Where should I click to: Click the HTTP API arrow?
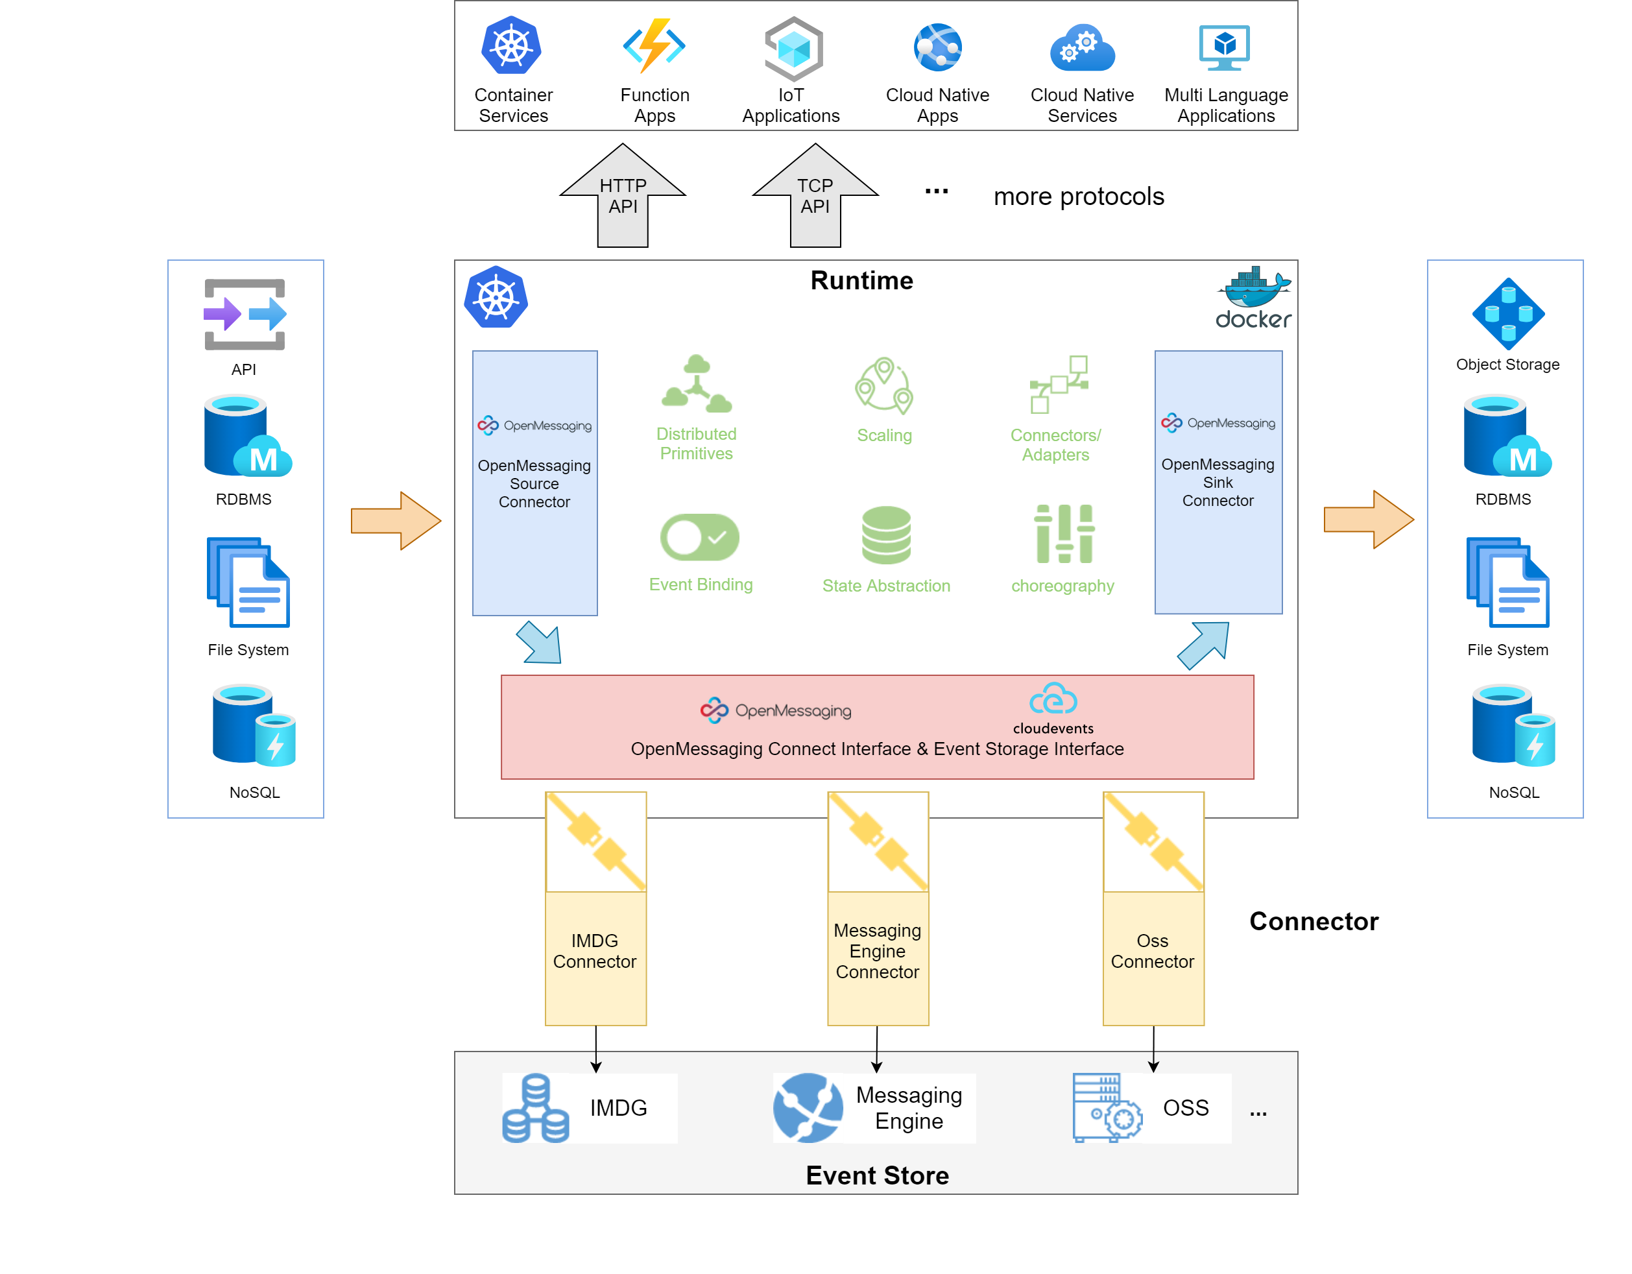(x=623, y=197)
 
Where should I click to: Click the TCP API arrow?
(x=815, y=197)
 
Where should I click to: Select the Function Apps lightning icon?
(x=654, y=45)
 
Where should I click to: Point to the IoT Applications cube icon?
(x=793, y=49)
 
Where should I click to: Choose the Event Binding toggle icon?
(x=699, y=536)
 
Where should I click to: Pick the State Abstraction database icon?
(x=886, y=535)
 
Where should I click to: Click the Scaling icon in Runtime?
(x=884, y=385)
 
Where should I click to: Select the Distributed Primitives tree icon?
(x=697, y=384)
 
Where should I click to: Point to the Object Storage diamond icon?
(x=1508, y=314)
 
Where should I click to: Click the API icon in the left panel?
(x=245, y=315)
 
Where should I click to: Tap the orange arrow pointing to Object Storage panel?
(x=1367, y=520)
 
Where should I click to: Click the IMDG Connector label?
(x=595, y=950)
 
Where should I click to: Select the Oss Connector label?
(x=1152, y=950)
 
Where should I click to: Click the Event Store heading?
(x=877, y=1175)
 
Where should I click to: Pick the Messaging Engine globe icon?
(x=808, y=1107)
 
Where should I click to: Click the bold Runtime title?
(x=861, y=280)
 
